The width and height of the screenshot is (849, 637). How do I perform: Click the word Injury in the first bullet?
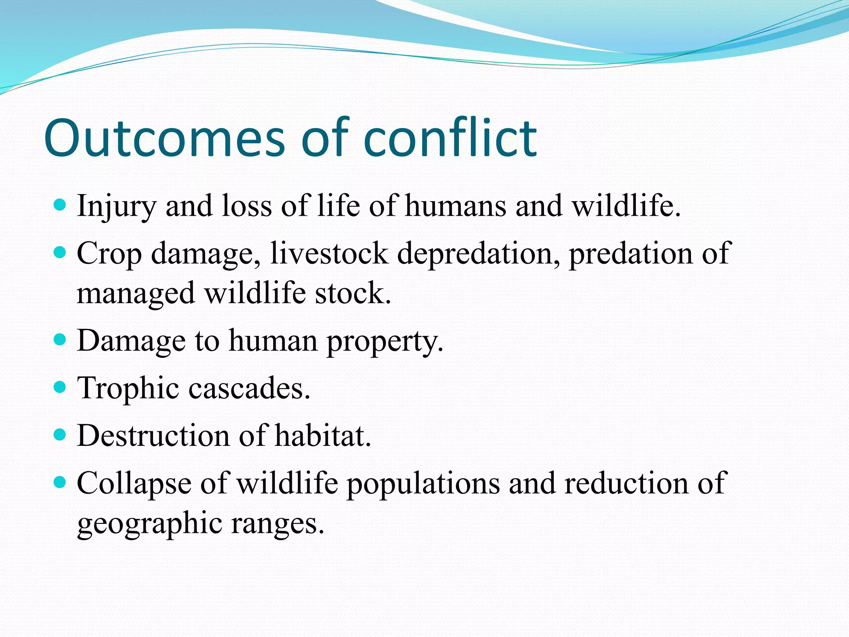point(116,206)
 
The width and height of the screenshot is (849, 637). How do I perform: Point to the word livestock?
point(329,254)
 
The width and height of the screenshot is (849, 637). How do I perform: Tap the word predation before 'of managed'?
point(630,254)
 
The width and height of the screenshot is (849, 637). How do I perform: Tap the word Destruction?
point(153,436)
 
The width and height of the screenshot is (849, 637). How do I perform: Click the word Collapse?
point(134,484)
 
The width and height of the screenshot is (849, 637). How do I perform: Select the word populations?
point(423,484)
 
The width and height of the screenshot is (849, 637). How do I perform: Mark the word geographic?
point(150,524)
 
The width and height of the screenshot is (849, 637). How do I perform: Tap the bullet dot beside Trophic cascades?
point(61,387)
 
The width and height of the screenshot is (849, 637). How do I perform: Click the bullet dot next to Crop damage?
point(61,252)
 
